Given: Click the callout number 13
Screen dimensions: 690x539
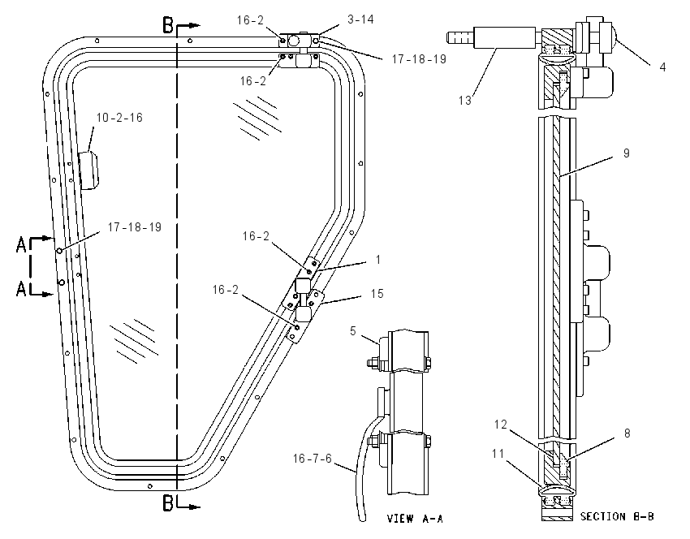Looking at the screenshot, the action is point(464,101).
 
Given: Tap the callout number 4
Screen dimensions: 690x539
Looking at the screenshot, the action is point(662,67).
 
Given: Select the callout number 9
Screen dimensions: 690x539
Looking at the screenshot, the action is point(626,153).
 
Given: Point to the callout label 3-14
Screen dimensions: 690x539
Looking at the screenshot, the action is point(361,19).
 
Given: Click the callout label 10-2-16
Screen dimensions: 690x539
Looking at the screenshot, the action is point(119,118).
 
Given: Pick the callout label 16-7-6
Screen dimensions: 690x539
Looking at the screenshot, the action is point(313,459).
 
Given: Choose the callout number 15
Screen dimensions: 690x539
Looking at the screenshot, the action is point(377,294).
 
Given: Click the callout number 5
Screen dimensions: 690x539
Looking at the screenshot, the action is point(353,330).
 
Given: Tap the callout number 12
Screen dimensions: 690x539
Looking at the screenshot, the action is point(501,425).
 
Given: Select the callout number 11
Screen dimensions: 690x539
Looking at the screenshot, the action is point(498,453).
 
